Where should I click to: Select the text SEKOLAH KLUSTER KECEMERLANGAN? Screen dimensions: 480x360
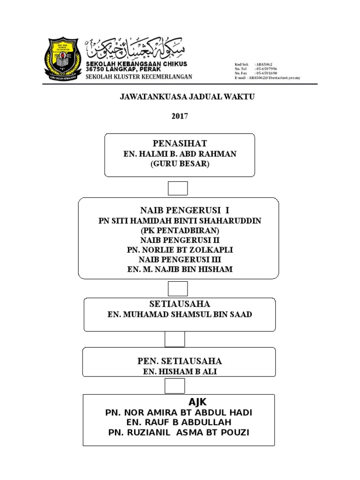(138, 77)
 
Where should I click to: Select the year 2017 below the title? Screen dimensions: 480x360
(180, 116)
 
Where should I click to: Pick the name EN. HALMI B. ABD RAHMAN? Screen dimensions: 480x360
(180, 154)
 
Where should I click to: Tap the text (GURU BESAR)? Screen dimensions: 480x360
(180, 164)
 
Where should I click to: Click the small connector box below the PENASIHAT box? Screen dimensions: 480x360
(178, 188)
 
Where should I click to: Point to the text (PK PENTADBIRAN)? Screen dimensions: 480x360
(180, 231)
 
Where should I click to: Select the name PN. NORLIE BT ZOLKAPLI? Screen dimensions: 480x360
(180, 250)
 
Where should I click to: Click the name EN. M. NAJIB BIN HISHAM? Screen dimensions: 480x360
(180, 269)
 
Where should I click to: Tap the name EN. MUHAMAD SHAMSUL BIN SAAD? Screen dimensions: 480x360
(180, 314)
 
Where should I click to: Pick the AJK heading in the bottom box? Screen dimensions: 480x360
(197, 402)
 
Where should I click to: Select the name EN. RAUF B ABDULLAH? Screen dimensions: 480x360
(180, 422)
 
